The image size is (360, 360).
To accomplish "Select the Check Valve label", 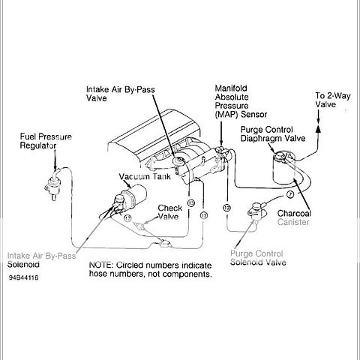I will coord(169,212).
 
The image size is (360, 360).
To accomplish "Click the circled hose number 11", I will coord(129,217).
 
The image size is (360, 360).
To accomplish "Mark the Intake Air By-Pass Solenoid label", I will coord(42,259).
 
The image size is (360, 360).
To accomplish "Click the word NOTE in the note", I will coord(103,265).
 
